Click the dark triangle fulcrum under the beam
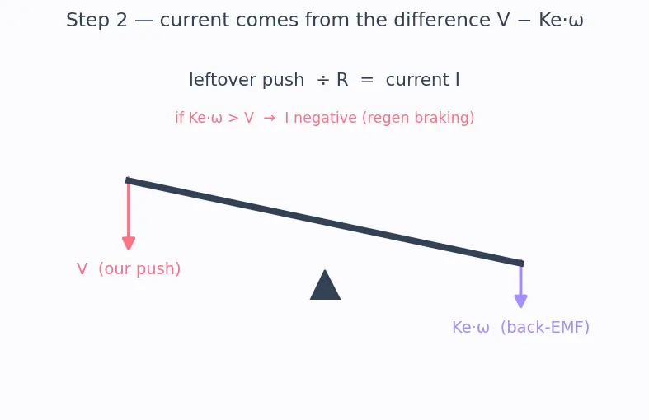(326, 285)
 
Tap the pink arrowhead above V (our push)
(129, 244)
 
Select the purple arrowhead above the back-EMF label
(520, 301)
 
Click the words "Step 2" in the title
(96, 21)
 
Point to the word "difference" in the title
(442, 20)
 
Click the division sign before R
(323, 80)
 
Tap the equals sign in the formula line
(367, 80)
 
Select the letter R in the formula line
(342, 80)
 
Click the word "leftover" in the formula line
(223, 80)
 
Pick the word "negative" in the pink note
(326, 118)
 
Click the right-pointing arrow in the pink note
(270, 119)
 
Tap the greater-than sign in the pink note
(233, 119)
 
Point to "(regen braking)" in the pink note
(418, 118)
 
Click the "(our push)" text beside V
(139, 268)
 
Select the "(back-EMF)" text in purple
(545, 328)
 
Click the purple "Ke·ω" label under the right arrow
(471, 328)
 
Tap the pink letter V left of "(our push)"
(82, 269)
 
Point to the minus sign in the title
(524, 21)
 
